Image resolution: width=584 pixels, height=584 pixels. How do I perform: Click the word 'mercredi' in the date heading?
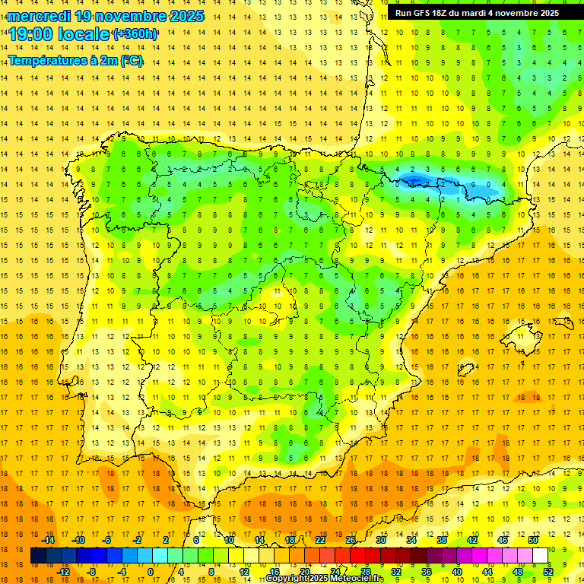[40, 16]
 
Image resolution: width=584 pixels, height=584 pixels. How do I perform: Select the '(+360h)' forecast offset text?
[135, 34]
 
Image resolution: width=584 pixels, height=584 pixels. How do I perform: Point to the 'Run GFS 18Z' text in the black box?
[430, 13]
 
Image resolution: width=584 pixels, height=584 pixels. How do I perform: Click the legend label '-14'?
[48, 540]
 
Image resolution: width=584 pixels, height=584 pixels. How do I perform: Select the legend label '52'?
[548, 572]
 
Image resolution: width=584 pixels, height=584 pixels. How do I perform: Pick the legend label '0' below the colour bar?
[150, 572]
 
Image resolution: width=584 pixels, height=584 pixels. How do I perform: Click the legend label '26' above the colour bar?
[351, 540]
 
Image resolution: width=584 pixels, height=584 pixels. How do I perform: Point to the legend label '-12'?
[63, 572]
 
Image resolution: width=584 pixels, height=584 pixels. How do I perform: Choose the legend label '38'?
[442, 540]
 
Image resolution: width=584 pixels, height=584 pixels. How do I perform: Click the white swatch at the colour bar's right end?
[541, 556]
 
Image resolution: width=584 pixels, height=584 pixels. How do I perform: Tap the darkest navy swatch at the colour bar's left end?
[38, 556]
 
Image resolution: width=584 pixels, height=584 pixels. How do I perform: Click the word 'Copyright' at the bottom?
[287, 579]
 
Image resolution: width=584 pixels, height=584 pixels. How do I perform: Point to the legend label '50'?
[533, 540]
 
